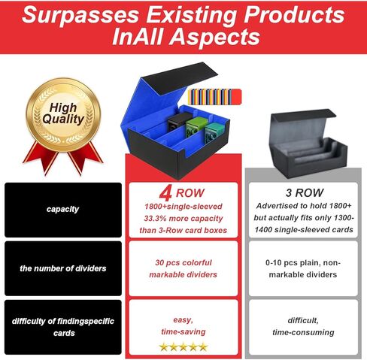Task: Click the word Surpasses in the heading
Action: (x=80, y=16)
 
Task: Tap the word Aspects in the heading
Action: (x=216, y=37)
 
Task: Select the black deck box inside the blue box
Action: (x=178, y=122)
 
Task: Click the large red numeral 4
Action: (x=165, y=194)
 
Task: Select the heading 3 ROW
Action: (x=305, y=193)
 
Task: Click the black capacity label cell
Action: (x=63, y=210)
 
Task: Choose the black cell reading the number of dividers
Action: (x=63, y=268)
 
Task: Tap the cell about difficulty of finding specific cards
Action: (x=63, y=327)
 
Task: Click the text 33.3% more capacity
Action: (x=183, y=219)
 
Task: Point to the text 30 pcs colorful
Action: (x=183, y=262)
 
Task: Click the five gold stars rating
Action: (x=183, y=347)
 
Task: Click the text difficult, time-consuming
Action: (x=303, y=326)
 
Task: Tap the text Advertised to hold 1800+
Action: (x=304, y=206)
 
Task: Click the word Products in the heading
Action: (x=294, y=15)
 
